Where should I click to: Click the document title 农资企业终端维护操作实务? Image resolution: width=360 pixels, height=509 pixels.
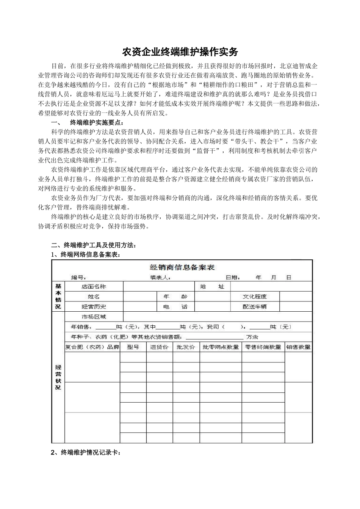180,51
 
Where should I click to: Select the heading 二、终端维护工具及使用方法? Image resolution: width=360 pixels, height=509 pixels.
93,245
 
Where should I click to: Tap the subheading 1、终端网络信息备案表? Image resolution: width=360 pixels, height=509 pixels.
86,254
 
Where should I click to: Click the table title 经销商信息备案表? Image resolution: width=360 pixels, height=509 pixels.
182,267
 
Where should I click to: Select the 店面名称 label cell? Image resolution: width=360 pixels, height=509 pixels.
94,287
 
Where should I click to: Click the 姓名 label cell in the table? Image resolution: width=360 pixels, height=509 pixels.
94,297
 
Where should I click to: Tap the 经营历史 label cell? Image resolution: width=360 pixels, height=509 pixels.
94,307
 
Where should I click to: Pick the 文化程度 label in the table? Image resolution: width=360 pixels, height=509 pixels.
255,297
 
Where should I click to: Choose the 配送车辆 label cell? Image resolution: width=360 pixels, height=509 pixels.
255,307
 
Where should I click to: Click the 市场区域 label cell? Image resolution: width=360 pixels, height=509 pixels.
94,317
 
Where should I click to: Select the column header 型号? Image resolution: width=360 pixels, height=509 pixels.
133,347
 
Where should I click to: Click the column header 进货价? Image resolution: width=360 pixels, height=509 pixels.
160,347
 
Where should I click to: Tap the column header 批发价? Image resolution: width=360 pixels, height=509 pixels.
186,347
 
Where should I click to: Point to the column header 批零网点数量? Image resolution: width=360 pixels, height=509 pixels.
221,347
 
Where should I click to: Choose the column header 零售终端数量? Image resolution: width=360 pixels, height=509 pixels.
263,347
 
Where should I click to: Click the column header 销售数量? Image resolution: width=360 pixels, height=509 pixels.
298,347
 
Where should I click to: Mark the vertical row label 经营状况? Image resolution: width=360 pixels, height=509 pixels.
58,377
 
